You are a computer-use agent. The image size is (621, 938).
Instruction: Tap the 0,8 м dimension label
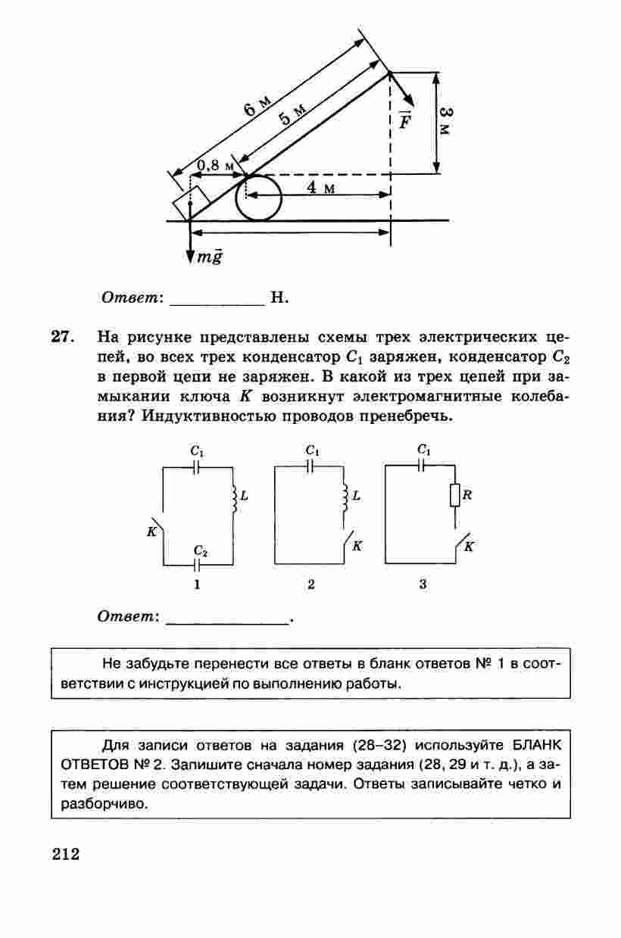[x=214, y=165]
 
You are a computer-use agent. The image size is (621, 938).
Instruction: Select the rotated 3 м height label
[x=447, y=121]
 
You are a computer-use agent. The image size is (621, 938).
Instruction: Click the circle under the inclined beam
[x=258, y=198]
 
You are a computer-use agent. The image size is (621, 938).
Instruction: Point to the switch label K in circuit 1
[x=151, y=531]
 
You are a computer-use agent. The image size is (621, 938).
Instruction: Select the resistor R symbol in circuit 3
[x=454, y=496]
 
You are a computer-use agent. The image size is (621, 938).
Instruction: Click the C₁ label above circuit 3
[x=424, y=450]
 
